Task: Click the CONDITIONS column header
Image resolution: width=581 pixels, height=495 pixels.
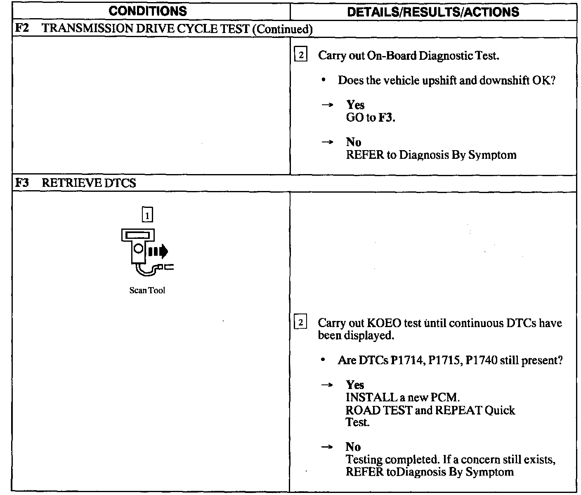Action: (x=148, y=11)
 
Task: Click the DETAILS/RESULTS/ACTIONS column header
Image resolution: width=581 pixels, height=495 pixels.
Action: (x=433, y=12)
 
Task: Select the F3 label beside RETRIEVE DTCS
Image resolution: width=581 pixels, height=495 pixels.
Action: (x=21, y=183)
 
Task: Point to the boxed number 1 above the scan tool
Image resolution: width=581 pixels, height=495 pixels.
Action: (x=147, y=214)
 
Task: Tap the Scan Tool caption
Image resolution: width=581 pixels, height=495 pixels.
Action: (x=147, y=290)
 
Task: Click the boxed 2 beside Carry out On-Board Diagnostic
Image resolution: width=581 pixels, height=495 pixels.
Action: (x=300, y=55)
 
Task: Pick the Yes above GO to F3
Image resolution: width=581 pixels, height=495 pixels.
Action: (x=355, y=105)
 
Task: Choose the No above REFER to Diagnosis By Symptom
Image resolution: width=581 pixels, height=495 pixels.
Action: (x=354, y=142)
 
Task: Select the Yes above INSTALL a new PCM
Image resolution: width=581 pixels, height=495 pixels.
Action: (x=355, y=385)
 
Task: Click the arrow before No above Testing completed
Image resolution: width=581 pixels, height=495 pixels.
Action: (x=327, y=447)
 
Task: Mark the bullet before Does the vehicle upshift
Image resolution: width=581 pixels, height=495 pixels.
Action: (x=324, y=80)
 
